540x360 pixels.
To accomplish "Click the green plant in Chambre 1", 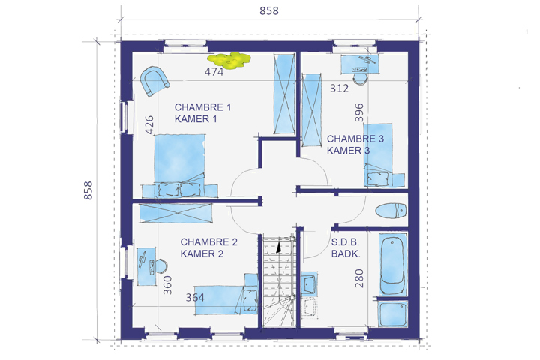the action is (x=229, y=60).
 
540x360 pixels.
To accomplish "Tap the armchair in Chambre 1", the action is (x=154, y=81).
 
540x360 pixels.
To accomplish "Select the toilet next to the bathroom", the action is (x=391, y=211).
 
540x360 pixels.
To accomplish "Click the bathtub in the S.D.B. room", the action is (x=392, y=263).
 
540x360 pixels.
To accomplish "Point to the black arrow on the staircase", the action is (x=278, y=247).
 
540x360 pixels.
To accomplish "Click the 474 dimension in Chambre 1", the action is (x=214, y=72).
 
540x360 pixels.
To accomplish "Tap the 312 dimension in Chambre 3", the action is (x=340, y=88).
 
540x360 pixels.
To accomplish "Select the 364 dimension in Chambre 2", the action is (x=195, y=297).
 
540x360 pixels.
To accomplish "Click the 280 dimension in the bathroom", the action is (x=359, y=278).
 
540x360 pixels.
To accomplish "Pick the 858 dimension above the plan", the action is (x=269, y=11).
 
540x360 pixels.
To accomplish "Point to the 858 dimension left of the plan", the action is (x=88, y=190).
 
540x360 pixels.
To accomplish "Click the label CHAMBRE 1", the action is (x=202, y=107).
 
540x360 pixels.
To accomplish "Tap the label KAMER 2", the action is (x=202, y=253).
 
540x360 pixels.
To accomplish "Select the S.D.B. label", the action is (x=345, y=241).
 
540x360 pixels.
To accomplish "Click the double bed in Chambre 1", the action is (x=179, y=166).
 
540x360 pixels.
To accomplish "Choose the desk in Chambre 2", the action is (x=147, y=266).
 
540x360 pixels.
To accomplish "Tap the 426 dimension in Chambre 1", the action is (x=149, y=124).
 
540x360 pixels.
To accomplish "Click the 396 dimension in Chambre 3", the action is (x=358, y=112).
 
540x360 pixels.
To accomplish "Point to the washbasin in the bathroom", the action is (x=309, y=283).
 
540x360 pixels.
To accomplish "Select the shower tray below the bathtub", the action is (x=392, y=313).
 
